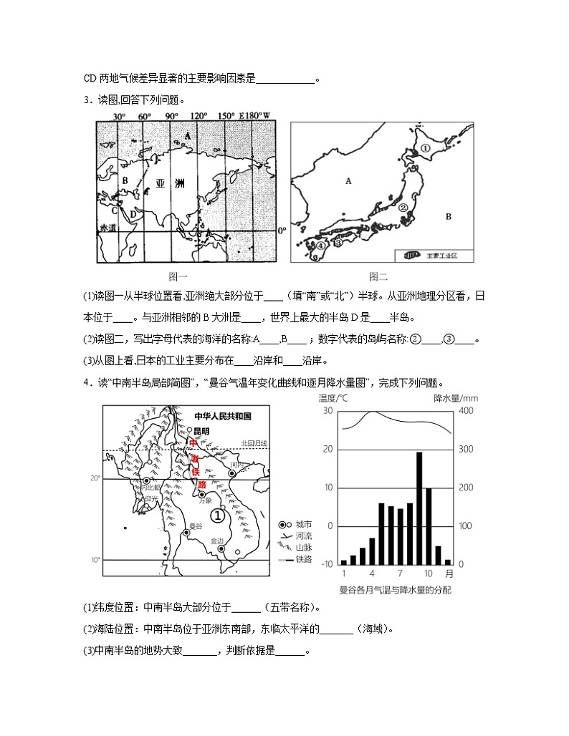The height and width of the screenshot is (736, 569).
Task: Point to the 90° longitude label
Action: point(171,116)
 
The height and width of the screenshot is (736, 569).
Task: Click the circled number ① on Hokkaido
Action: point(424,149)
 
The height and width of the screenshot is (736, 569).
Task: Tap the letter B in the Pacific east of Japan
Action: point(448,216)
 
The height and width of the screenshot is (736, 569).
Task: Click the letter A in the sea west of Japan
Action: point(349,181)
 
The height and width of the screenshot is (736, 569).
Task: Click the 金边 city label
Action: point(218,541)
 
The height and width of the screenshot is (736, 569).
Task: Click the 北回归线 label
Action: point(254,443)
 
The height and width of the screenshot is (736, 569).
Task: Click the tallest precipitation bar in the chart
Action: point(419,508)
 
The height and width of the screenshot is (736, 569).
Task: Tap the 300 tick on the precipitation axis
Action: point(464,449)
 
